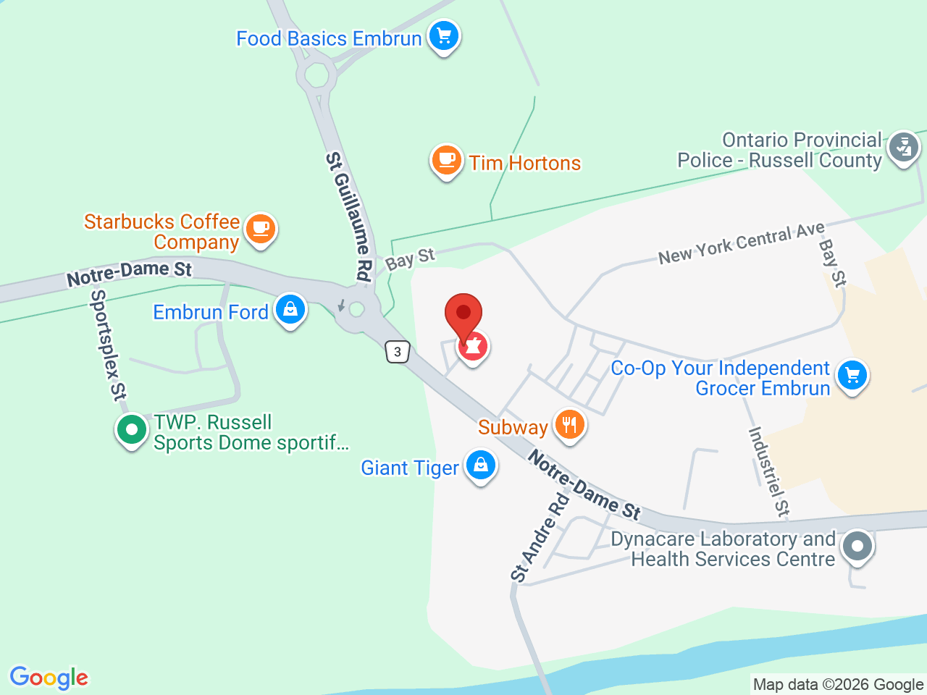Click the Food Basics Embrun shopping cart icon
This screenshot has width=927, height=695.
[x=444, y=35]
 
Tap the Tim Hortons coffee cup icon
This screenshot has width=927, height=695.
[x=447, y=160]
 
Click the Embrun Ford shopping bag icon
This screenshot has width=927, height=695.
[x=290, y=310]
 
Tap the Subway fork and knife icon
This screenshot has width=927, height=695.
[x=569, y=424]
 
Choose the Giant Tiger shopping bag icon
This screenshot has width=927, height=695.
[x=480, y=466]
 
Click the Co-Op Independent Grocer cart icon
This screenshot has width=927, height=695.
[x=852, y=375]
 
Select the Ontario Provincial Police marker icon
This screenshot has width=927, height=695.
[x=903, y=148]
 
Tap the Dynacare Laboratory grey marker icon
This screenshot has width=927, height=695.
[x=858, y=545]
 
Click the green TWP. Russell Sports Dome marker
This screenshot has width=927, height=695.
[x=132, y=430]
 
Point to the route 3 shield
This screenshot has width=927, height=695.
[x=398, y=352]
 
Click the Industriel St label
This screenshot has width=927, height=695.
[x=768, y=471]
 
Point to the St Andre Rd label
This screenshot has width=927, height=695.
[x=540, y=538]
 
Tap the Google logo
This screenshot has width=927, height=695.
[x=49, y=678]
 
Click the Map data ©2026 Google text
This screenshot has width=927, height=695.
[x=838, y=684]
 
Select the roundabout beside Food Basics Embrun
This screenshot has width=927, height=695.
[x=316, y=75]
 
